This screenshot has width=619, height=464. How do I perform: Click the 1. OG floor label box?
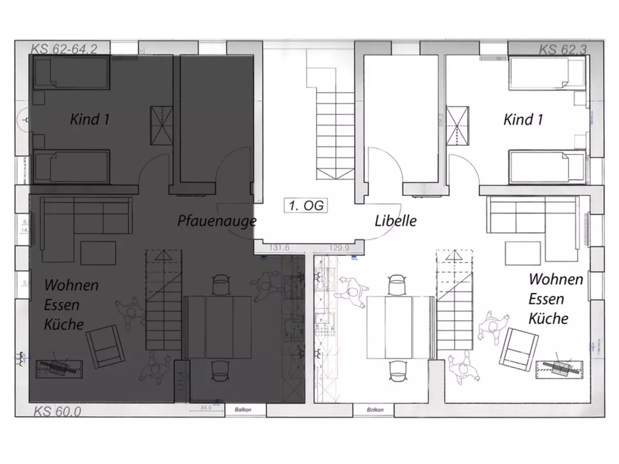click(x=306, y=205)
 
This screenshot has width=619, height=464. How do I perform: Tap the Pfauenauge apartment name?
click(x=217, y=221)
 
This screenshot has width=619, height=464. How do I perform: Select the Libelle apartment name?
click(x=396, y=221)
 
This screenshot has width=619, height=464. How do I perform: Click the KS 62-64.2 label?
click(x=64, y=49)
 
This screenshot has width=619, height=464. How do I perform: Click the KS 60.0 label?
click(x=57, y=411)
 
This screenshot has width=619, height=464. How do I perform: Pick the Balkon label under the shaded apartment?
click(x=246, y=410)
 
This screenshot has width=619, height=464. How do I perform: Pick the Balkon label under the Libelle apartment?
click(x=374, y=410)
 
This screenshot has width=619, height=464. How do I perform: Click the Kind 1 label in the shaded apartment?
click(x=90, y=120)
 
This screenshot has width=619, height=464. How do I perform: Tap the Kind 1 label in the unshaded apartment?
click(x=523, y=120)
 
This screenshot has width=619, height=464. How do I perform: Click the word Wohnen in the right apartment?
click(x=556, y=279)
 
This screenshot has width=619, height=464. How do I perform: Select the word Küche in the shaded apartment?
click(x=64, y=324)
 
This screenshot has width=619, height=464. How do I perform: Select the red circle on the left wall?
click(x=23, y=120)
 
